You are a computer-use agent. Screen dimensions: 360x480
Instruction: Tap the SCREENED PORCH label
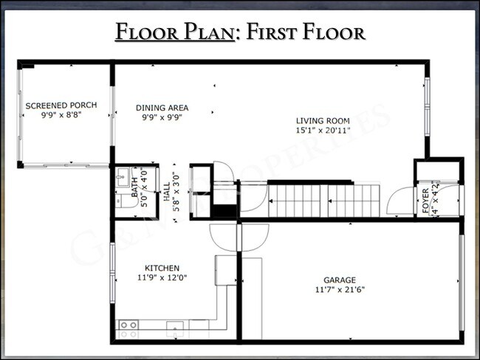click(61, 106)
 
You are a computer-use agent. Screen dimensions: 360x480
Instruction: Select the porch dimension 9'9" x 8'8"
click(61, 116)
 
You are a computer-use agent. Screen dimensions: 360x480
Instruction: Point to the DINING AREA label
click(162, 108)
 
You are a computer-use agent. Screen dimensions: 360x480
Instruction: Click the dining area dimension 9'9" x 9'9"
click(162, 117)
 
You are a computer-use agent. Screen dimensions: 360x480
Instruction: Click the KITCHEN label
click(162, 268)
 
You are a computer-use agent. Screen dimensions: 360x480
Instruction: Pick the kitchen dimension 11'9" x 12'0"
click(162, 277)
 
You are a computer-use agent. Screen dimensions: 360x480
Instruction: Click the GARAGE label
click(340, 280)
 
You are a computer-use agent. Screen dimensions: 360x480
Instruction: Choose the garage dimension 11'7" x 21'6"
click(340, 289)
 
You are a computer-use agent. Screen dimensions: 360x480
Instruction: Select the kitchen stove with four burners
click(128, 325)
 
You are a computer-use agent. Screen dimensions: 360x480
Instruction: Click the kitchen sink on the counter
click(175, 327)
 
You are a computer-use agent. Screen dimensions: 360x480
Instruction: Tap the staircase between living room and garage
click(323, 200)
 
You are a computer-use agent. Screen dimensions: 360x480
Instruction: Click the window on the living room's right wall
click(426, 107)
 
